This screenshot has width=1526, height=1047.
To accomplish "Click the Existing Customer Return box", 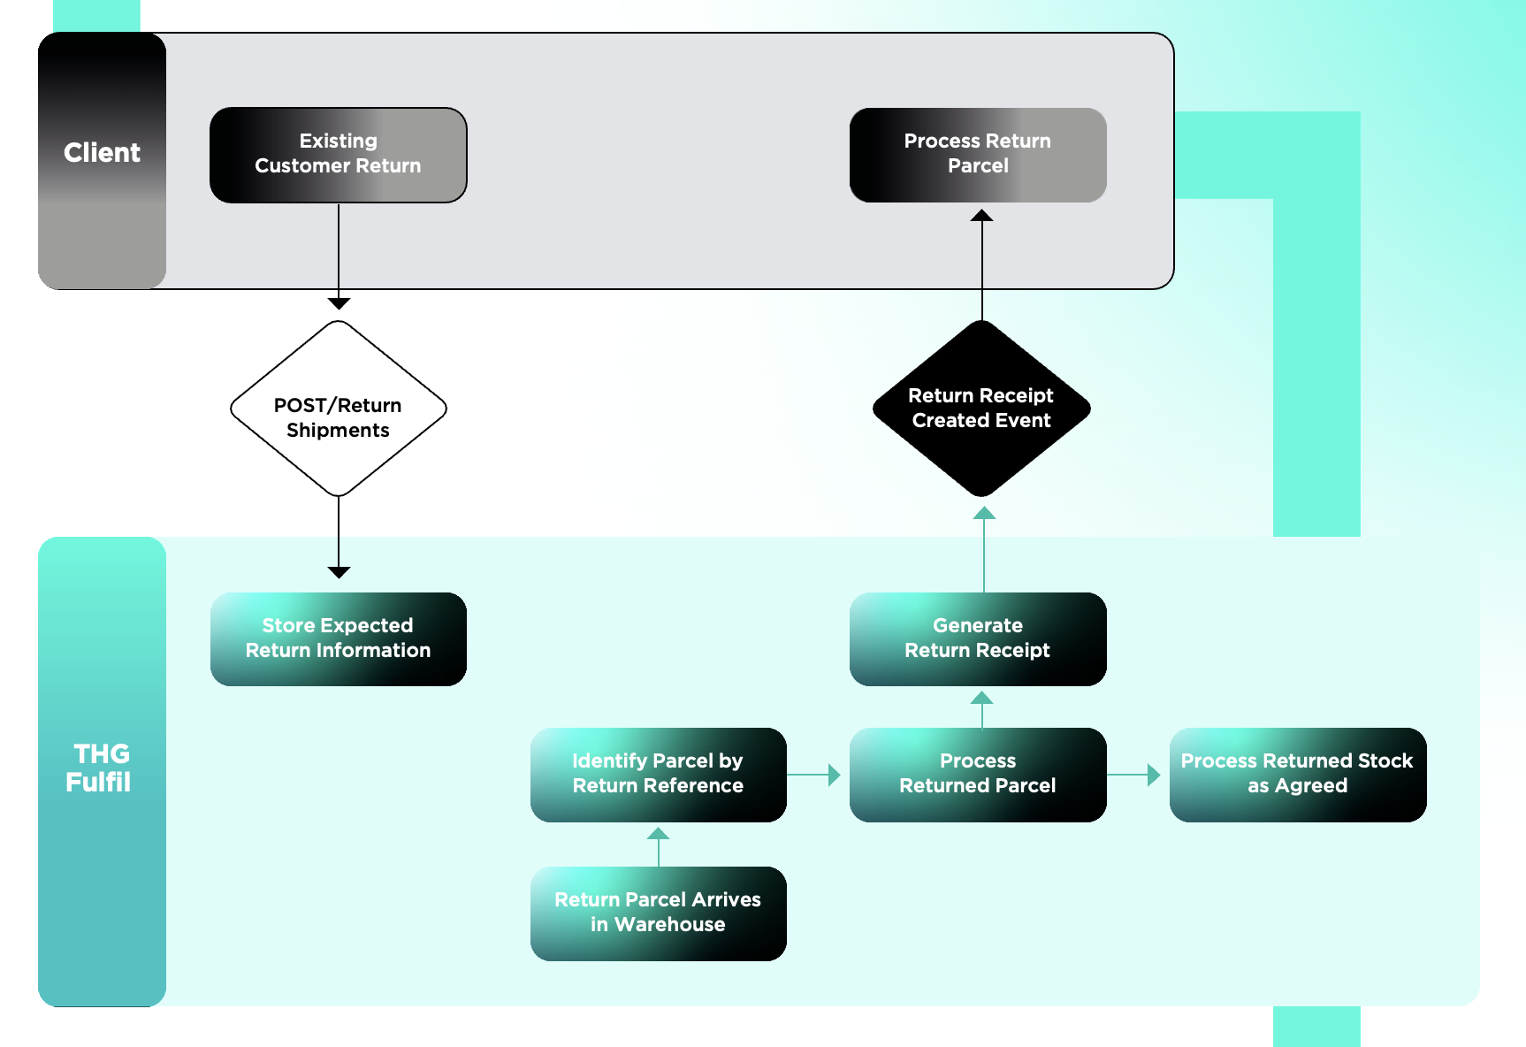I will click(338, 155).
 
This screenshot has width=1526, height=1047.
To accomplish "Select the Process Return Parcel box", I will click(978, 155).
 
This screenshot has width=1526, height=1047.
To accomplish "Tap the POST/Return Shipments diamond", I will click(338, 409).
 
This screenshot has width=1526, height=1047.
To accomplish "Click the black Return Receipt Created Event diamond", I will click(981, 409).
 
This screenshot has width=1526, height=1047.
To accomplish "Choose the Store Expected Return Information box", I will click(338, 638).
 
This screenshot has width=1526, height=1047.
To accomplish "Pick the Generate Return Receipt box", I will click(978, 638).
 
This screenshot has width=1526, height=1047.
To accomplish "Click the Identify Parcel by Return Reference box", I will click(658, 774).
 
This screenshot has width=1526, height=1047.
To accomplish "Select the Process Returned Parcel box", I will click(978, 774).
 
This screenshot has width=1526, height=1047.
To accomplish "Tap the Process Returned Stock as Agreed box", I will click(1297, 774).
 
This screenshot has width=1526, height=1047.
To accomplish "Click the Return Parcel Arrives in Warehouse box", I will click(658, 913).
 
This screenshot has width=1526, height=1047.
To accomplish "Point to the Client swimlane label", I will click(102, 153).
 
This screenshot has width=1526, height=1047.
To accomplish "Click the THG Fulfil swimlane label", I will click(100, 768).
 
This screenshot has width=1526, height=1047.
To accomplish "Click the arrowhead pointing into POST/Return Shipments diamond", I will click(339, 303).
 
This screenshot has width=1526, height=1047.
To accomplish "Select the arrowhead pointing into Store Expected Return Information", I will click(339, 572).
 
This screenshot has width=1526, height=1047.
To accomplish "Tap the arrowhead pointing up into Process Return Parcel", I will click(981, 215).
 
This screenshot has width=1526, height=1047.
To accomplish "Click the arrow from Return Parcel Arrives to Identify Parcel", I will click(658, 845).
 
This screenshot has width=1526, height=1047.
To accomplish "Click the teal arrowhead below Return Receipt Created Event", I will click(984, 514).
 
